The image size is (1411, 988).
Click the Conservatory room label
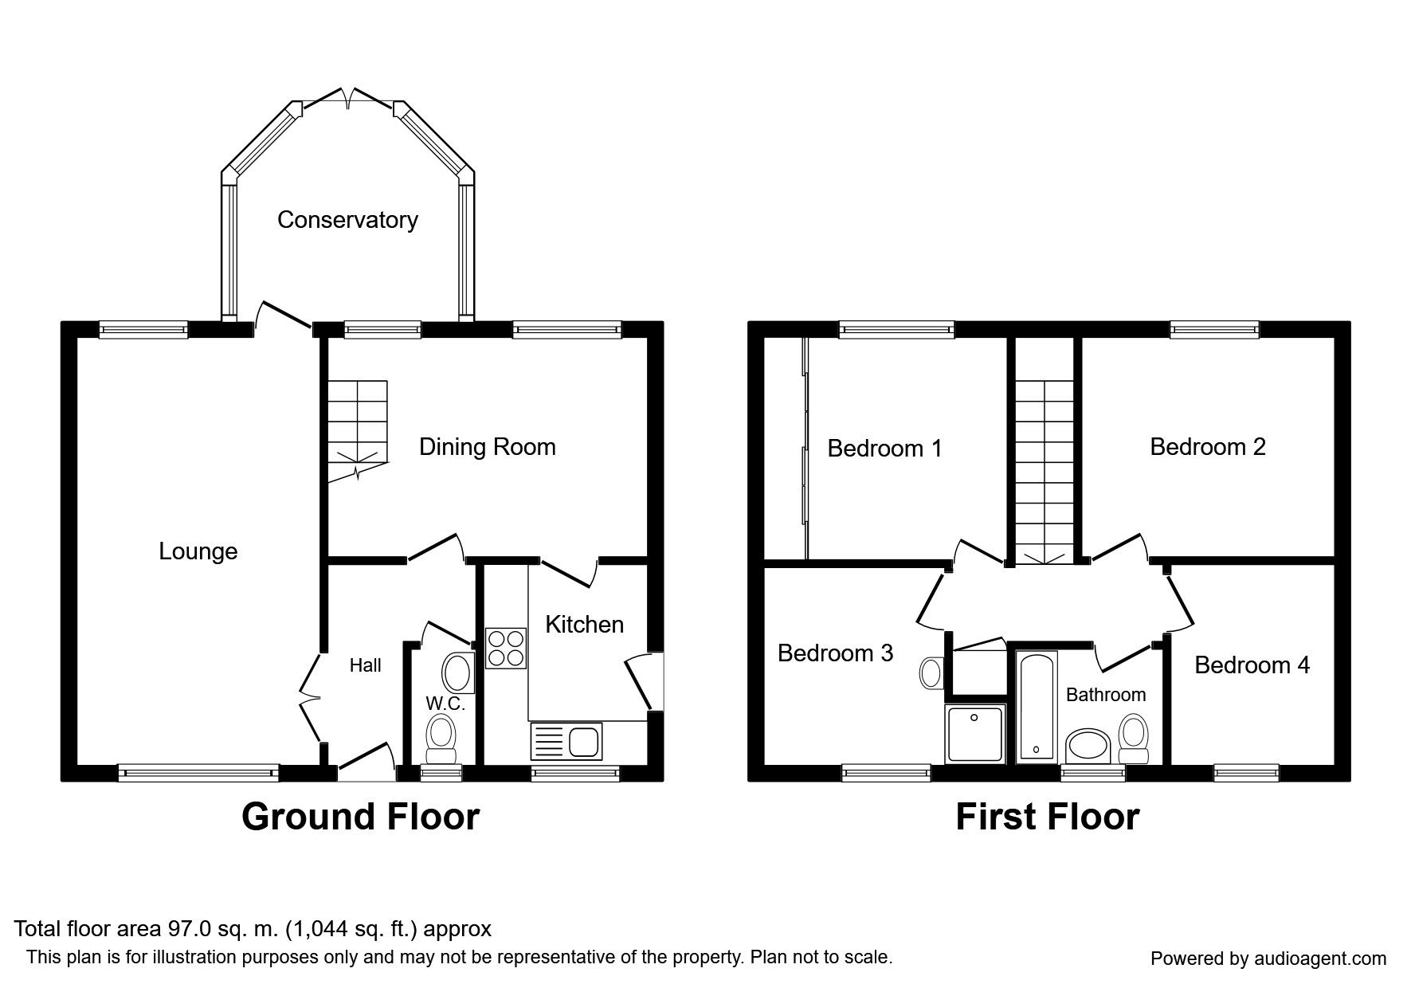347,220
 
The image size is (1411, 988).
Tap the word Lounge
198,551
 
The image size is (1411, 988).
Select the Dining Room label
488,447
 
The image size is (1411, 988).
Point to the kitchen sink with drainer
566,742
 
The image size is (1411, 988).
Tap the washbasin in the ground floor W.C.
457,672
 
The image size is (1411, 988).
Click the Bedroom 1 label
884,449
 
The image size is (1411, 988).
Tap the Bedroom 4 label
1252,665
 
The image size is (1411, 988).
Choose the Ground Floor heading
360,817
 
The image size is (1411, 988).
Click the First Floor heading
1047,817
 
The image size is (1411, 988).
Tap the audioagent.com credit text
1268,959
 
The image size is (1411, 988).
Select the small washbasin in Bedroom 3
931,672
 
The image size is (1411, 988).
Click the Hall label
366,665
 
